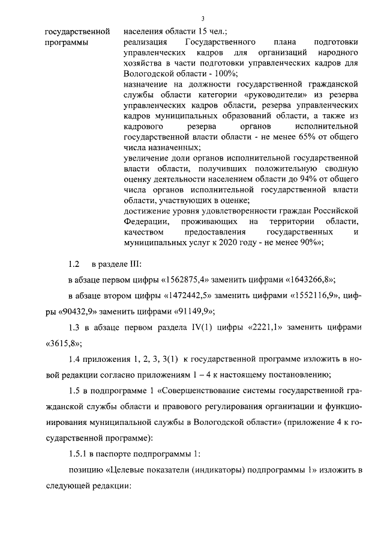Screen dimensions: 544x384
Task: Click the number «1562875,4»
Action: [x=187, y=280]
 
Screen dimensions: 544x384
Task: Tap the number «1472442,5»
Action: [x=186, y=296]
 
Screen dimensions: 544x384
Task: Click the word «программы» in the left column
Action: [x=67, y=43]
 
